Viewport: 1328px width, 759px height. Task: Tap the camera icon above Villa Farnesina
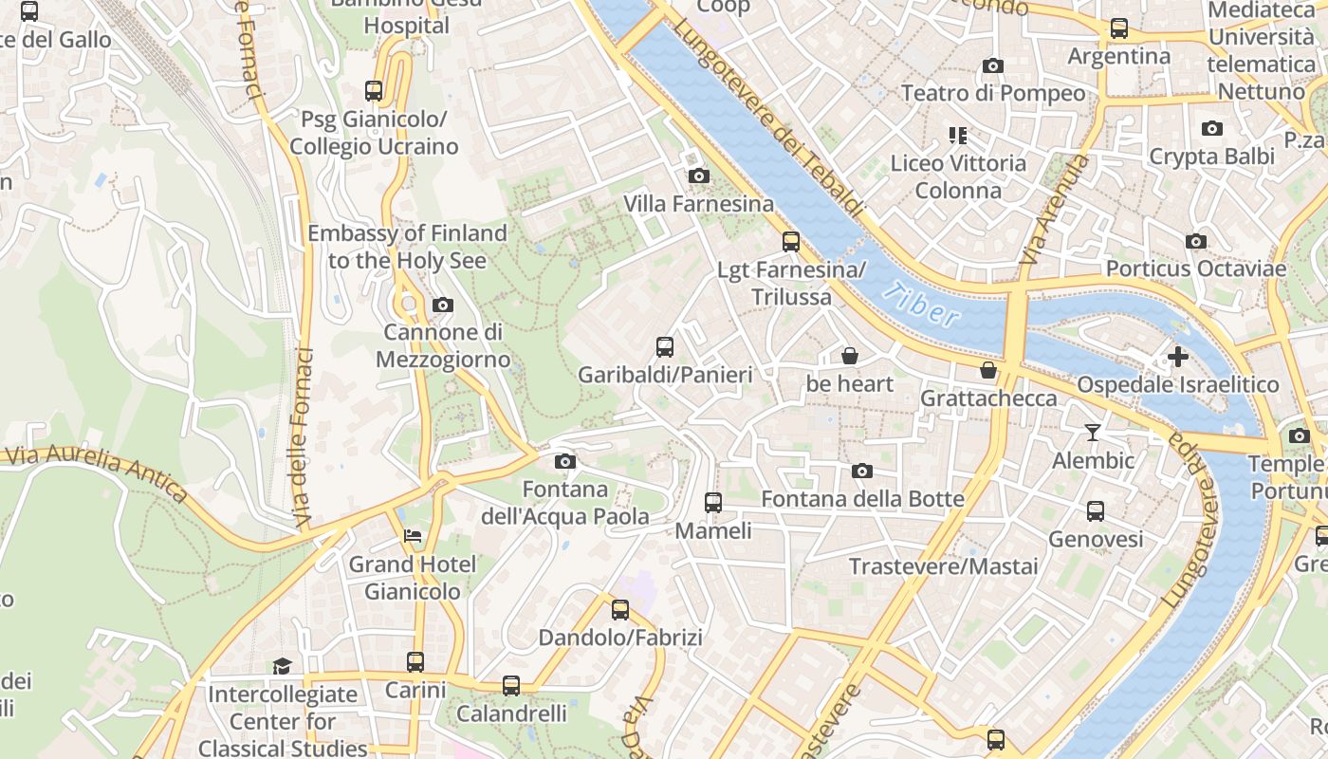click(x=698, y=176)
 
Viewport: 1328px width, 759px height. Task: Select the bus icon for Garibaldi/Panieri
click(x=665, y=347)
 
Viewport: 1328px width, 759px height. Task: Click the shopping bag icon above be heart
click(x=850, y=356)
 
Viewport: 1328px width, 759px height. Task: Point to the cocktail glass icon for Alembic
click(x=1093, y=433)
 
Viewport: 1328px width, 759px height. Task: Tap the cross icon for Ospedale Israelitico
click(x=1177, y=357)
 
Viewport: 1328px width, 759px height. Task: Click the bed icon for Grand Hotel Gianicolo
click(x=412, y=536)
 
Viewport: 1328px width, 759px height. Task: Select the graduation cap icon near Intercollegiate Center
click(x=282, y=666)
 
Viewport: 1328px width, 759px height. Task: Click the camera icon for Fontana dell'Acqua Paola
click(x=564, y=462)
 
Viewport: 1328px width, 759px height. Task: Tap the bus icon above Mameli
click(x=713, y=503)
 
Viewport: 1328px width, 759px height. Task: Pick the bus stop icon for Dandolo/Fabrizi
click(x=620, y=610)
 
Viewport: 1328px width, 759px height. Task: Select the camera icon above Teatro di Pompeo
click(x=993, y=65)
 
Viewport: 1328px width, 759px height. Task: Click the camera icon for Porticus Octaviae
click(x=1196, y=241)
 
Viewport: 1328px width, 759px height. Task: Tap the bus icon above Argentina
click(x=1119, y=28)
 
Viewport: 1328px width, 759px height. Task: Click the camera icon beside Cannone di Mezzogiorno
click(x=442, y=305)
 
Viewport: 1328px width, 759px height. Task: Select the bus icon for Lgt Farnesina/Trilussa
click(x=791, y=242)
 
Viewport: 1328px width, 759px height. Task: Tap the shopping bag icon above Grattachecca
click(x=988, y=370)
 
